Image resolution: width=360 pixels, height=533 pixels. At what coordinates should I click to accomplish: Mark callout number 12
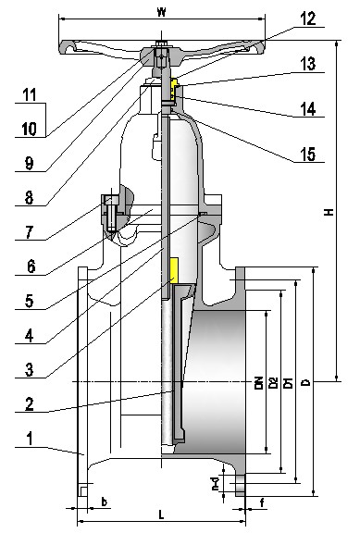click(x=307, y=18)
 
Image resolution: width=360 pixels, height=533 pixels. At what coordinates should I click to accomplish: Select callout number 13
click(x=307, y=64)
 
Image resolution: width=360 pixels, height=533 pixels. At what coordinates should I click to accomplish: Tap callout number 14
click(x=307, y=109)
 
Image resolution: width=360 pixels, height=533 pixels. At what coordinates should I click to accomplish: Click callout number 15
click(x=307, y=155)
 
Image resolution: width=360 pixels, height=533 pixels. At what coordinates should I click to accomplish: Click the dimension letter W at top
click(x=161, y=13)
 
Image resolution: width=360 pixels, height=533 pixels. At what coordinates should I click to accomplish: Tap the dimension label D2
click(x=274, y=382)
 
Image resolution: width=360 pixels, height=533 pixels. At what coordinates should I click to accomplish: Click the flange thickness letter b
click(x=103, y=502)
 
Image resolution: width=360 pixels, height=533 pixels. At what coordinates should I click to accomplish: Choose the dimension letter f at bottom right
click(x=263, y=502)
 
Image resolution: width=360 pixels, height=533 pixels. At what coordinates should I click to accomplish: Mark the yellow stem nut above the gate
click(x=171, y=269)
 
